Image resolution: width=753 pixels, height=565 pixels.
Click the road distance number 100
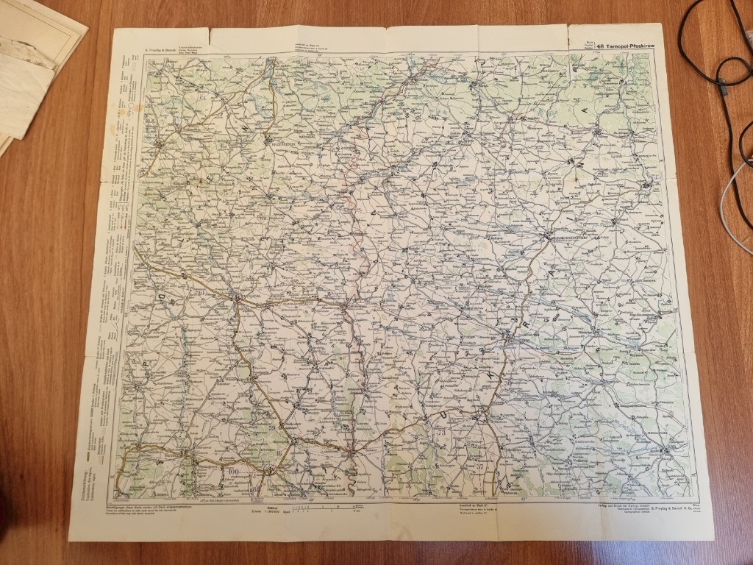234,471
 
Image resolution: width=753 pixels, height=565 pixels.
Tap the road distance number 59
273,427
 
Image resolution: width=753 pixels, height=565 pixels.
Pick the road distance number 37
479,466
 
